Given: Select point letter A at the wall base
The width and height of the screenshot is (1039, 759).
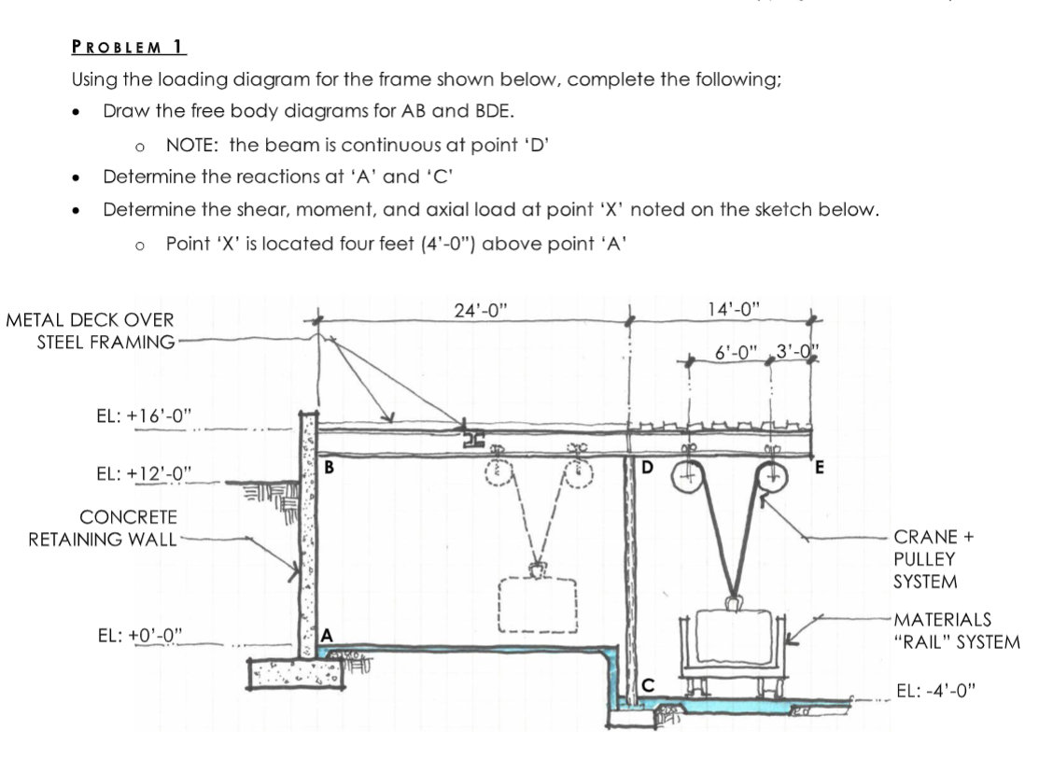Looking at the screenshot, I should pyautogui.click(x=327, y=636).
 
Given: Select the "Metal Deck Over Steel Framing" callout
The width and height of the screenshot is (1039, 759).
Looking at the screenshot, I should pyautogui.click(x=91, y=331).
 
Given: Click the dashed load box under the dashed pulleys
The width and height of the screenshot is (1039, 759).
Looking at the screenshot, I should pyautogui.click(x=539, y=609).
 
